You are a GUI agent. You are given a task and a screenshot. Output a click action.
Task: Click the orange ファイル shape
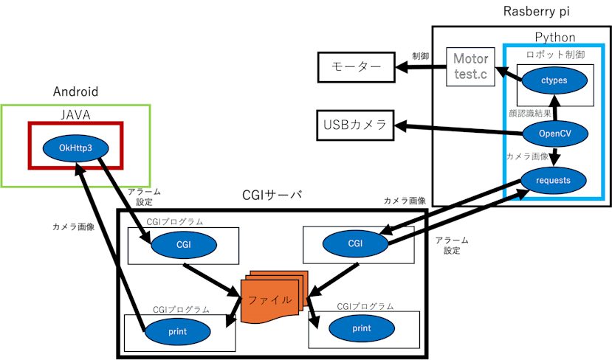tap(269, 300)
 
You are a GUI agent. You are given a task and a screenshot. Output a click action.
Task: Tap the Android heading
tap(75, 92)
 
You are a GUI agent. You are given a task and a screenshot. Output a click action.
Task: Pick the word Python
tap(554, 38)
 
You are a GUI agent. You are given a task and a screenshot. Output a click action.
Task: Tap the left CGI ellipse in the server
tap(182, 244)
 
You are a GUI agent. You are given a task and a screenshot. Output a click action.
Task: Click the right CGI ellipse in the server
tap(355, 243)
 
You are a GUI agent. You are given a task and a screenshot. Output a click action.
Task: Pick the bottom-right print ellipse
tap(361, 328)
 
